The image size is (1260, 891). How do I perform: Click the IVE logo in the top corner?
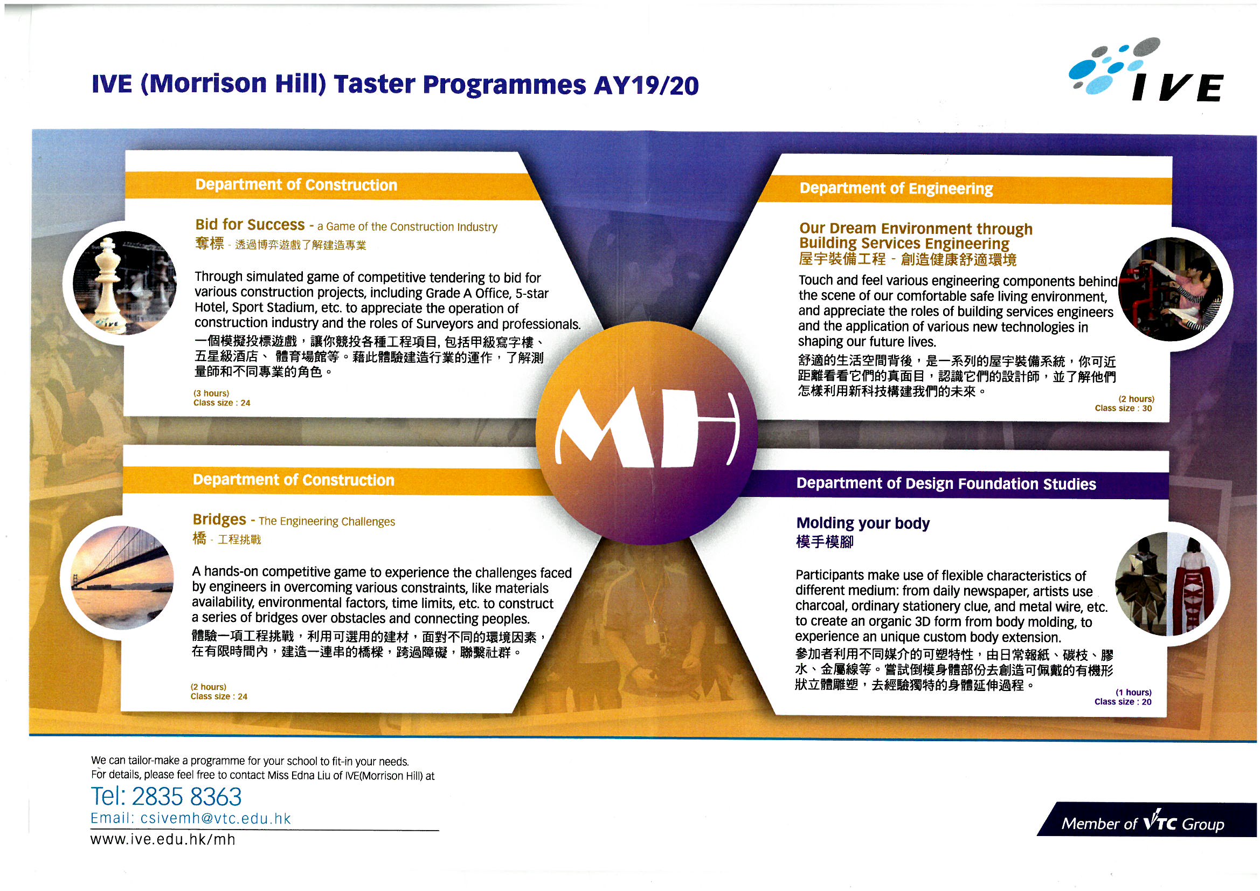click(1146, 70)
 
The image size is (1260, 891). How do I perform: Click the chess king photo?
click(124, 284)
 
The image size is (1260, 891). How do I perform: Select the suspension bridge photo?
click(122, 577)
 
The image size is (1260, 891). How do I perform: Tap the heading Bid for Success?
click(250, 225)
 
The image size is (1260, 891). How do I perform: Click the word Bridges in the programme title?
click(219, 519)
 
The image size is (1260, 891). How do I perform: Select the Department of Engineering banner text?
click(896, 189)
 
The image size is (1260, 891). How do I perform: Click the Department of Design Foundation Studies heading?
click(946, 484)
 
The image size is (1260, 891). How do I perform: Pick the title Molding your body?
click(863, 523)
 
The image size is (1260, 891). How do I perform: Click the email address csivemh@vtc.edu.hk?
click(216, 819)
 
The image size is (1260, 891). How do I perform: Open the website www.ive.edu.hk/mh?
click(163, 840)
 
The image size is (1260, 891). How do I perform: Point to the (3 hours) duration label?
click(211, 393)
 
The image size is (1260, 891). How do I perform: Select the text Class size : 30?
click(1123, 409)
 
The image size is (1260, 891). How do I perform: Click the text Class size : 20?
click(1123, 702)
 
